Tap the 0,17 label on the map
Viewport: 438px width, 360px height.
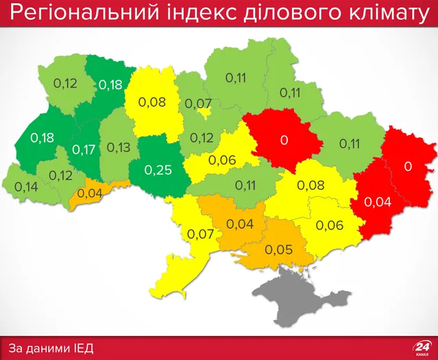84,148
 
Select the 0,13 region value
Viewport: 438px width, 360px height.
119,147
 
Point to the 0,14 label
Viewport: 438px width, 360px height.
25,187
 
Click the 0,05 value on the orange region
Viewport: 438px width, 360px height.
279,249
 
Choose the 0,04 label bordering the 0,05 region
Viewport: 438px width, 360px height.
239,224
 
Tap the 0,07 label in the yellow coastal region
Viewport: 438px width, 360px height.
201,235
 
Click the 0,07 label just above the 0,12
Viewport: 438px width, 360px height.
199,104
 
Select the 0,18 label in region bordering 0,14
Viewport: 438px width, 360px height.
42,138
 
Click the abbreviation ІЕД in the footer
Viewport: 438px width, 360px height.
82,348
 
